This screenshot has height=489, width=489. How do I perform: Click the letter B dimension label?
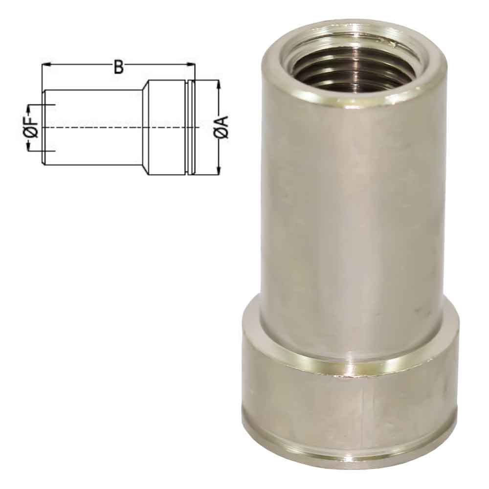(x=118, y=67)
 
